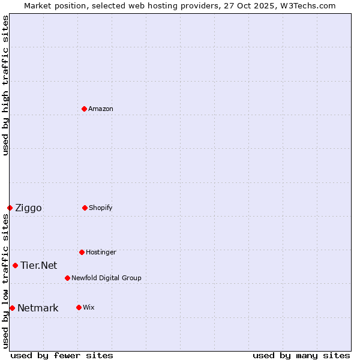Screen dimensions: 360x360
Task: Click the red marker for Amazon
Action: click(84, 109)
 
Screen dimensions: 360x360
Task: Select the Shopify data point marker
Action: click(85, 208)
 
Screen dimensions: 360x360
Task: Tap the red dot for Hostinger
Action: click(82, 252)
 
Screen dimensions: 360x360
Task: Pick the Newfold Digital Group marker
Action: click(67, 278)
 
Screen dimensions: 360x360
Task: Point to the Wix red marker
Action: click(79, 307)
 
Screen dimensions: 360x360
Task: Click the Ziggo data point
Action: click(10, 208)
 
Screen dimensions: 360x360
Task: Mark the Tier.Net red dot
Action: click(15, 265)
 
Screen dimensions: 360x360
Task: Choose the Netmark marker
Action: click(12, 308)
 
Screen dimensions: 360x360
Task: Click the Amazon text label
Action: click(101, 109)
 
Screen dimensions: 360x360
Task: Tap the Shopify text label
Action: click(101, 208)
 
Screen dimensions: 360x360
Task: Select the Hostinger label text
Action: click(101, 252)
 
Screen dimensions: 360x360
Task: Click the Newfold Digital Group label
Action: click(106, 278)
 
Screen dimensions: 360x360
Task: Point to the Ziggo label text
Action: click(28, 208)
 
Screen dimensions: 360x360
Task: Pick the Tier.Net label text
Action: click(38, 266)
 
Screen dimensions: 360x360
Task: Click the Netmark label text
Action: click(38, 308)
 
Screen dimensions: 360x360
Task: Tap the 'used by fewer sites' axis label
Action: click(62, 355)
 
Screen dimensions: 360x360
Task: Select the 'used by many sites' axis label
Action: click(301, 355)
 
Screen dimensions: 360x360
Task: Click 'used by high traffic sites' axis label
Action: click(5, 85)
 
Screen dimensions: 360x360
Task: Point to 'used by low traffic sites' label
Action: click(5, 281)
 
